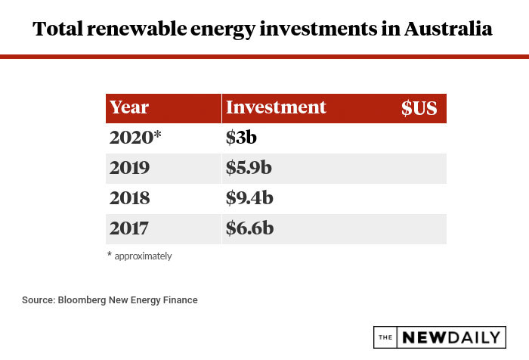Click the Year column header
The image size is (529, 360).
pos(129,107)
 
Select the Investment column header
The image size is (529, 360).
pos(276,107)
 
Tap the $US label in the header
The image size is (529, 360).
pos(419,108)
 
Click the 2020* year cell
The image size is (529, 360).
pos(135,138)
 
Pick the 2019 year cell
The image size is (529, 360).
pos(129,168)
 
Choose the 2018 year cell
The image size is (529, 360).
pos(129,198)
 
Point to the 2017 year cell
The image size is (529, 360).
pos(129,228)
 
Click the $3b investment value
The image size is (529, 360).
pos(243,138)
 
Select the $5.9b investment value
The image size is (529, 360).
pos(249,168)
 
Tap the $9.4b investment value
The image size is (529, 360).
pos(249,198)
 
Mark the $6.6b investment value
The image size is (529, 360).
pos(249,228)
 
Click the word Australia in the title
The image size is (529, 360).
pos(448,29)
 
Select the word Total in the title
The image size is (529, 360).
pos(57,29)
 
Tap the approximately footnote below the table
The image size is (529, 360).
pos(143,256)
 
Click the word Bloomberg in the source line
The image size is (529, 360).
pos(82,300)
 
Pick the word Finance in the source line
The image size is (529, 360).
pos(180,300)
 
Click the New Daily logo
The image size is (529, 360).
pos(439,337)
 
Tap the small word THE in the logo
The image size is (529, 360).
pos(386,337)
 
